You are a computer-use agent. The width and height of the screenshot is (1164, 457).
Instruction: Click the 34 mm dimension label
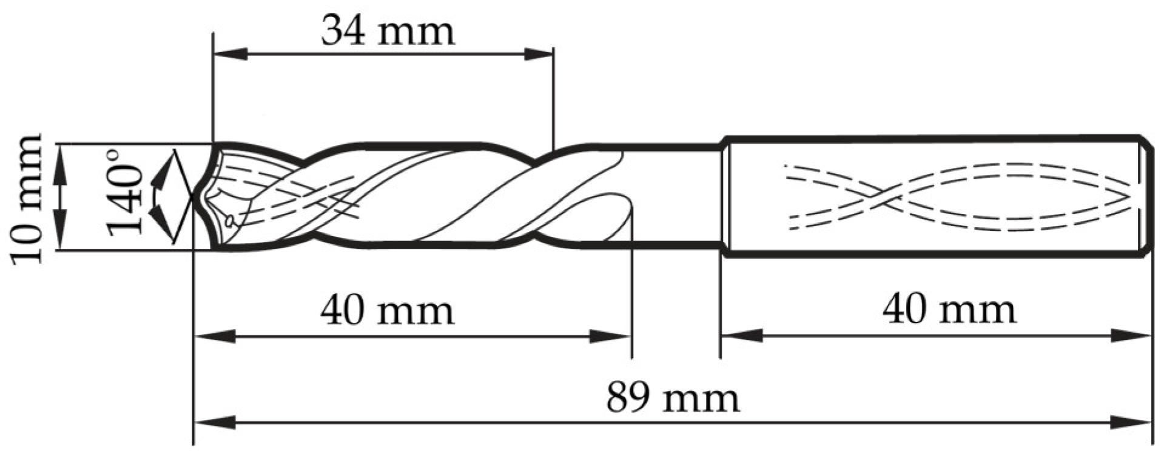387,32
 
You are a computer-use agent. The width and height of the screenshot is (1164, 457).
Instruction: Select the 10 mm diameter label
28,198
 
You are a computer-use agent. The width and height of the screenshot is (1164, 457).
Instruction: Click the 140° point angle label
124,193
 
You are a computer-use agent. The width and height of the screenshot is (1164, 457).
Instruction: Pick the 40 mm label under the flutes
387,310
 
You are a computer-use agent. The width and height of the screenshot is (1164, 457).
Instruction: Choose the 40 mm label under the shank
949,310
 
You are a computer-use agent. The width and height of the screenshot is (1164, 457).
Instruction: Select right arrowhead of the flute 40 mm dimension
610,336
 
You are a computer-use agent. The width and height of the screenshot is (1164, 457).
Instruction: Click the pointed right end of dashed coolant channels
1128,197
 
